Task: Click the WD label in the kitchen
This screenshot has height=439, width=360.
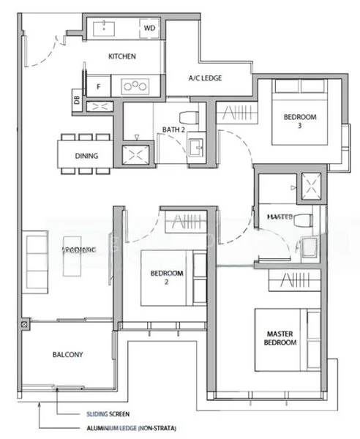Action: [x=149, y=28]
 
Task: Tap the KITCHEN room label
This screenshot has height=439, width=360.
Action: [x=121, y=56]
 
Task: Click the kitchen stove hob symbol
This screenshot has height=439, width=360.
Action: [x=135, y=86]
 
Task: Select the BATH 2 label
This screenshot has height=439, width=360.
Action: [x=173, y=130]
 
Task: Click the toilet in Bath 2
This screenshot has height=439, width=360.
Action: [x=189, y=116]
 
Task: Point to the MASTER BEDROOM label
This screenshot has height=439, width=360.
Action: [x=281, y=338]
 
